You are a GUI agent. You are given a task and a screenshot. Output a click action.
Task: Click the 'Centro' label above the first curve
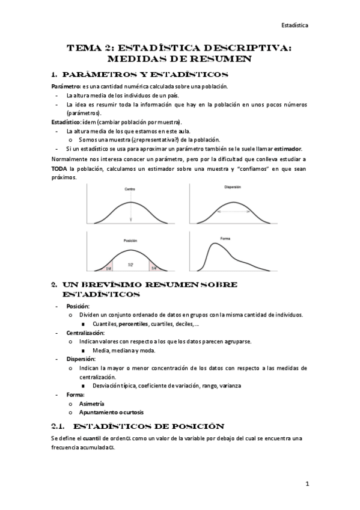[130, 189]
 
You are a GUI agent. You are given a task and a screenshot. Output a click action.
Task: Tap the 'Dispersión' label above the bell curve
[232, 187]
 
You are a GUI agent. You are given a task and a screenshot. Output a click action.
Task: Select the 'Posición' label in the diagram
[131, 241]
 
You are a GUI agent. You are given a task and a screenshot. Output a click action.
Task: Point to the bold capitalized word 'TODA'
[59, 169]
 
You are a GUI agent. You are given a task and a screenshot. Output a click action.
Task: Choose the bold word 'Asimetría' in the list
[91, 404]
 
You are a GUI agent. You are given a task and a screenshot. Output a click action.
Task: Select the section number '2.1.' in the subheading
[61, 426]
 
